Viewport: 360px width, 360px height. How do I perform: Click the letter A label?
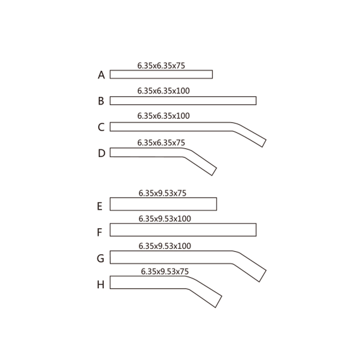[x=101, y=75]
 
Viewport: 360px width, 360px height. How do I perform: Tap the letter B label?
[x=101, y=101]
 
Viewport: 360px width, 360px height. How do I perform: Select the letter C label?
[x=101, y=127]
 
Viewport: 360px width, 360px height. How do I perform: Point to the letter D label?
[x=102, y=153]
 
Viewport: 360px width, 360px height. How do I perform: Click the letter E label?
[x=99, y=206]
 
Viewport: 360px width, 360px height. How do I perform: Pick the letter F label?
[x=99, y=232]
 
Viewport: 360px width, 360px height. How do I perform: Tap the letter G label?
[x=100, y=258]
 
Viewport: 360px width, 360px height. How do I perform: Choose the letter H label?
[x=101, y=285]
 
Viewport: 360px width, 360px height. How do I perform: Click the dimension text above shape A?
[x=161, y=66]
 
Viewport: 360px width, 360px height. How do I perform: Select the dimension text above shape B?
[x=163, y=91]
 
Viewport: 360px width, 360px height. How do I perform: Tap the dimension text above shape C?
[x=163, y=116]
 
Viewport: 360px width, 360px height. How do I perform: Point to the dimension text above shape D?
[x=161, y=143]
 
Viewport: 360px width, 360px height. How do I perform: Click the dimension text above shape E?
[x=162, y=193]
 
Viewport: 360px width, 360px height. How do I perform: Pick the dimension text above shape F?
[x=165, y=219]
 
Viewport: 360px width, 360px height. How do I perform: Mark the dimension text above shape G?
[x=165, y=246]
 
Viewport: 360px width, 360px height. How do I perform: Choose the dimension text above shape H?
[x=165, y=271]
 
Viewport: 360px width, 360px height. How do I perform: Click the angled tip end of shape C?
[x=264, y=143]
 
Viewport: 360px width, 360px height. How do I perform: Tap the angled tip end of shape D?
[x=214, y=172]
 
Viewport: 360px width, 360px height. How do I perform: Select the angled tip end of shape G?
[x=263, y=276]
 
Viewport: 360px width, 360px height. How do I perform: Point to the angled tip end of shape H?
[x=219, y=301]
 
